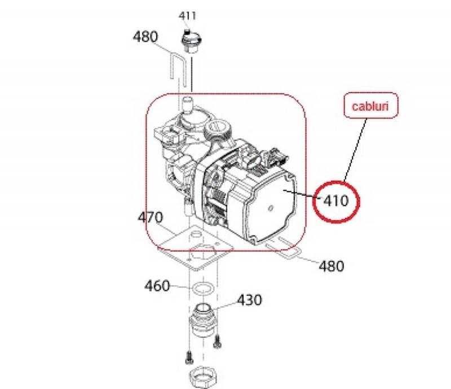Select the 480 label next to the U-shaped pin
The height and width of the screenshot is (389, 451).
145,37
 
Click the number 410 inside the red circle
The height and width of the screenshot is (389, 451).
337,200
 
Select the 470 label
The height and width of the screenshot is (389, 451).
151,217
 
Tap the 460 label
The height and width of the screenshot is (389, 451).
157,286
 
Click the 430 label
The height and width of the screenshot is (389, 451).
249,300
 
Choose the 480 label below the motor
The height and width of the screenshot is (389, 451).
331,265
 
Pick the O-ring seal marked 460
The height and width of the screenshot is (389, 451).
201,289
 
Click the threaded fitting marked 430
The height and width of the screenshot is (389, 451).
201,319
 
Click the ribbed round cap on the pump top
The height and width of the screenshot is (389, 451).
217,129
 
